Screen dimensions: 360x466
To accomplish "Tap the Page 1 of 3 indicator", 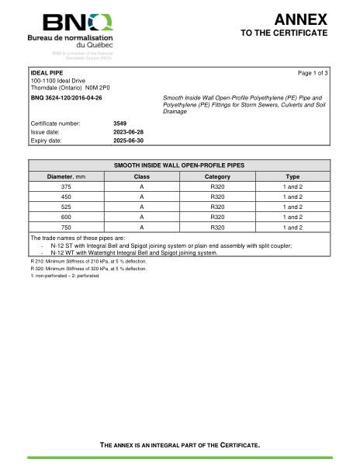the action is pyautogui.click(x=313, y=73).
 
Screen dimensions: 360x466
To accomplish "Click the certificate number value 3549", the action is pyautogui.click(x=119, y=123).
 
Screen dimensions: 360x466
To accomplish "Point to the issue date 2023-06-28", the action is pyautogui.click(x=128, y=132).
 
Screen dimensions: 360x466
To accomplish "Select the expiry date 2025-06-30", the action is pyautogui.click(x=128, y=141).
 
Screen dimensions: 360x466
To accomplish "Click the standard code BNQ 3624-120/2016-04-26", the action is pyautogui.click(x=66, y=98).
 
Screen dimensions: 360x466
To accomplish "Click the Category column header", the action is pyautogui.click(x=217, y=176).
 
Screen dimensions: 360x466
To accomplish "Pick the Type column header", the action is pyautogui.click(x=292, y=176).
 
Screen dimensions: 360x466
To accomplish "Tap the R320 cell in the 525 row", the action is pyautogui.click(x=217, y=207).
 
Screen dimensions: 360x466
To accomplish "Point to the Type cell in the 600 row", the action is pyautogui.click(x=292, y=217).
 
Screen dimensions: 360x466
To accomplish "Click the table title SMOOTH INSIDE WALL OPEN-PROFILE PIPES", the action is pyautogui.click(x=179, y=165).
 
